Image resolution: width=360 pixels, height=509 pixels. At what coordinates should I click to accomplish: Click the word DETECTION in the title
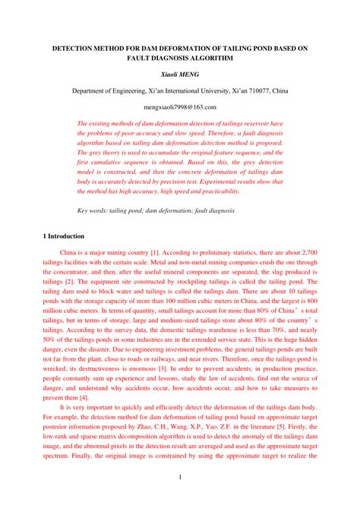[74, 47]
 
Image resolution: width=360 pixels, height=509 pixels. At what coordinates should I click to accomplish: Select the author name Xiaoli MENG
[180, 74]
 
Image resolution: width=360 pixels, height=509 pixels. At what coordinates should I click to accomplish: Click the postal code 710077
[251, 91]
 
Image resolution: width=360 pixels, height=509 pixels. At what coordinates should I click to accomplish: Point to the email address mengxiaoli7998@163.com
[180, 108]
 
